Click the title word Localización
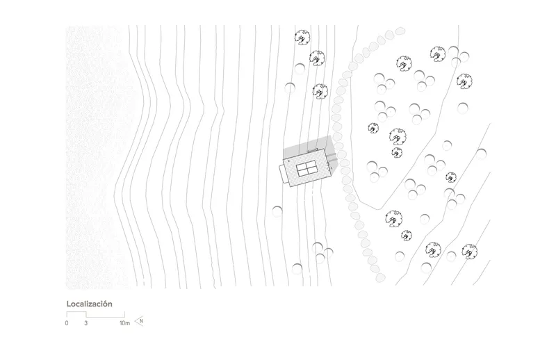coord(90,304)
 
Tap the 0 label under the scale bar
coord(67,323)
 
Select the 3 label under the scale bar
coord(85,323)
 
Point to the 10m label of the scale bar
coord(125,323)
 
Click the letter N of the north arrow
coord(142,321)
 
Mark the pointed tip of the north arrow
coord(135,321)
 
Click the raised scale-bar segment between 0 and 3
coord(76,312)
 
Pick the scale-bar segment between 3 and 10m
coord(106,317)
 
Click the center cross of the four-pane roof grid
coord(306,168)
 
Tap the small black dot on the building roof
coord(289,161)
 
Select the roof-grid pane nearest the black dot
coord(301,166)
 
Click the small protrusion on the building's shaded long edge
coord(312,151)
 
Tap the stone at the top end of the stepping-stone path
coord(400,31)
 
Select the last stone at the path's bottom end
coord(380,277)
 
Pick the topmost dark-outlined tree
coord(302,37)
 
